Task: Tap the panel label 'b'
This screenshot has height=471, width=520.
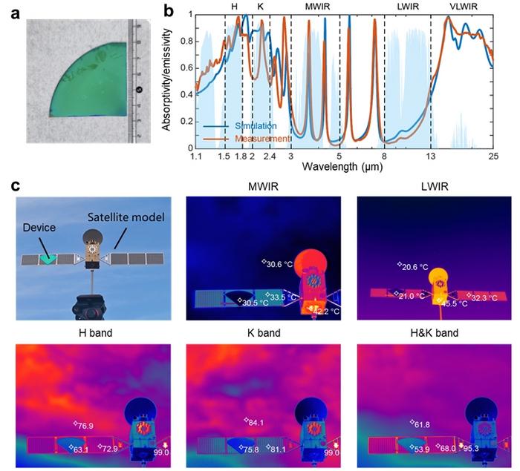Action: click(x=169, y=10)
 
